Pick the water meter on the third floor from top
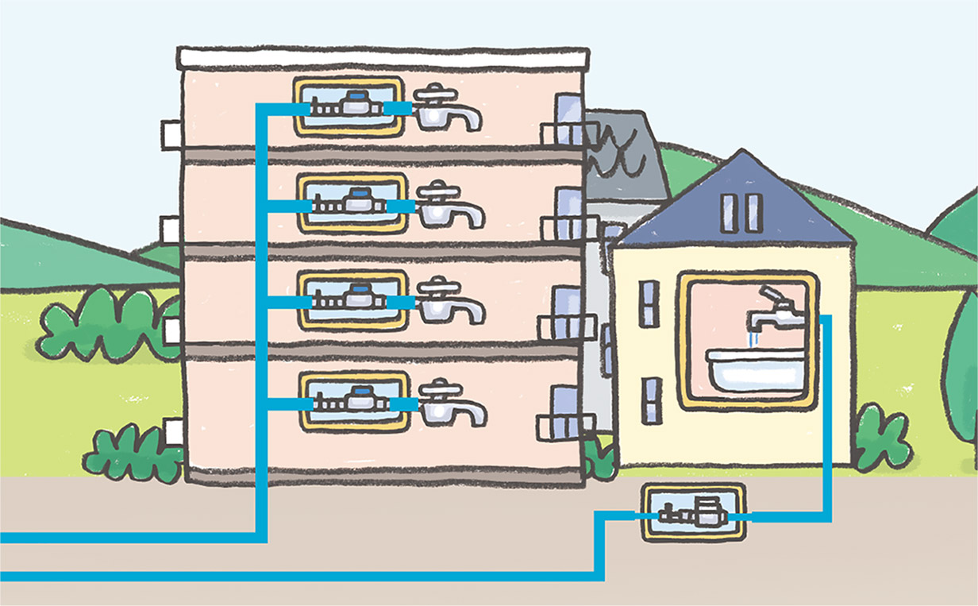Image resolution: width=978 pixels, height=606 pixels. (352, 301)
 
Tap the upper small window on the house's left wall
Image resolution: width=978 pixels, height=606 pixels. (649, 303)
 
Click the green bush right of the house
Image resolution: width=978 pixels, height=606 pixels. (881, 436)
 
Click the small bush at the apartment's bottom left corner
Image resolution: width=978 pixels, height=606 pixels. (131, 453)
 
